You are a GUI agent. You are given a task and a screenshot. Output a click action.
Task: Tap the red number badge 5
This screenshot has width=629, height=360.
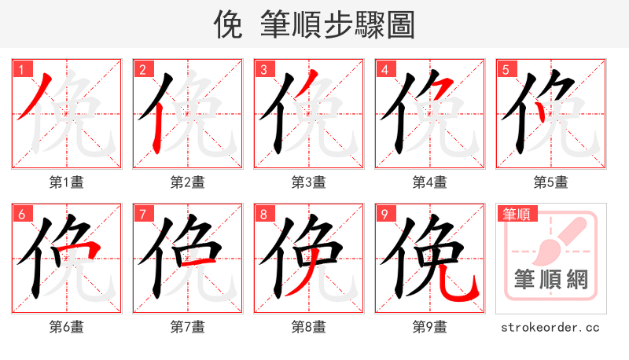506,69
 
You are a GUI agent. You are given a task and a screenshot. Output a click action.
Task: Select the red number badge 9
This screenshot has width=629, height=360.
384,214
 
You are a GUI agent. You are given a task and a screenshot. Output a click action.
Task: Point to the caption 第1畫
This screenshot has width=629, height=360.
67,182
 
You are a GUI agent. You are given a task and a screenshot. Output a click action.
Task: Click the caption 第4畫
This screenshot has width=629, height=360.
430,182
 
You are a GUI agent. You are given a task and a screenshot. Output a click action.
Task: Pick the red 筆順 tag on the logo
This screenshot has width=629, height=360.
518,214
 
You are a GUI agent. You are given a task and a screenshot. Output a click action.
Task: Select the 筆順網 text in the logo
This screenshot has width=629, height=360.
551,279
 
